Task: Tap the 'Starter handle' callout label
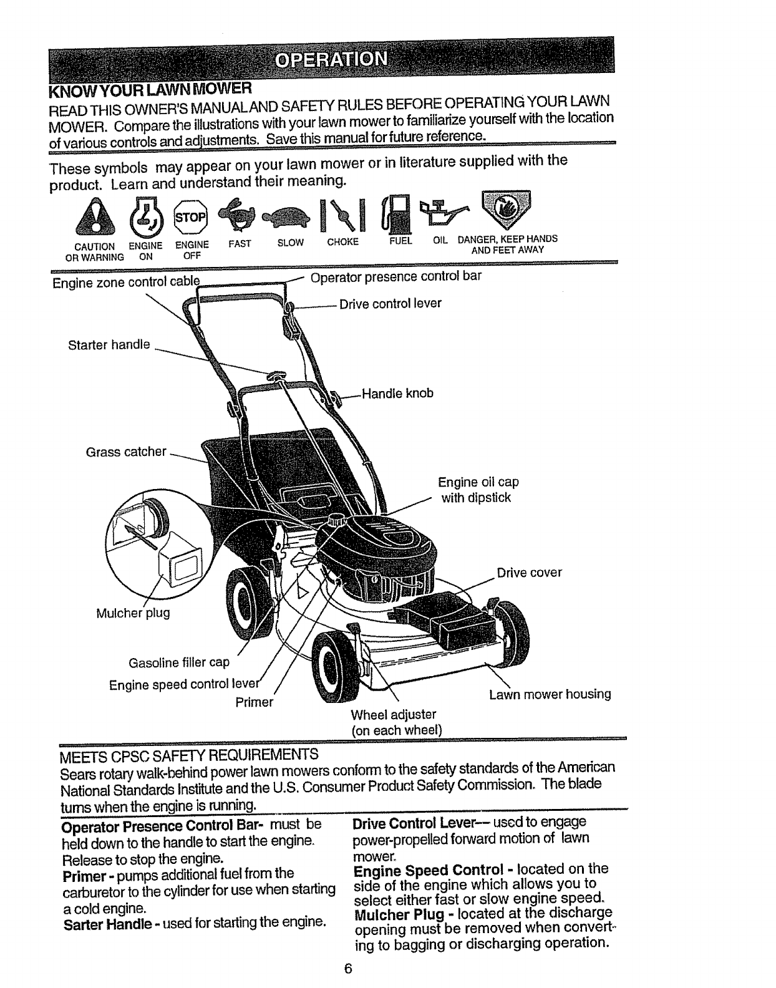pyautogui.click(x=109, y=344)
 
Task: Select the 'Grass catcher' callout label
pyautogui.click(x=126, y=451)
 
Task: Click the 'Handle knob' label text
pyautogui.click(x=397, y=394)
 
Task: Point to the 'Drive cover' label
pyautogui.click(x=529, y=573)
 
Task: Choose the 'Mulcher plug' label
pyautogui.click(x=133, y=613)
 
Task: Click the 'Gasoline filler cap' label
pyautogui.click(x=179, y=662)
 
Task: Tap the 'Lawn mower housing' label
pyautogui.click(x=550, y=694)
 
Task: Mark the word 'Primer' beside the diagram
pyautogui.click(x=255, y=702)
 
